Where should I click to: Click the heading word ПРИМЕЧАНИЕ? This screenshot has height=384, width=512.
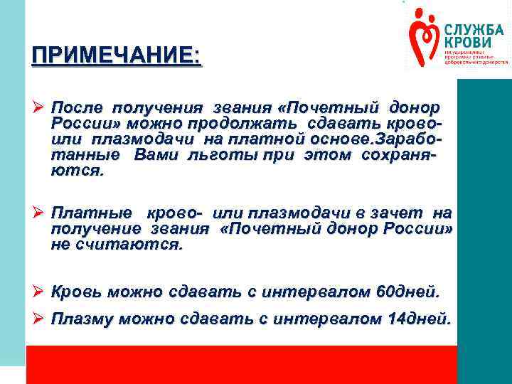click(x=115, y=55)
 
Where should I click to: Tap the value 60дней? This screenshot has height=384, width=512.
click(x=412, y=292)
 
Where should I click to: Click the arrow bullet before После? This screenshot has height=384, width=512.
click(x=39, y=108)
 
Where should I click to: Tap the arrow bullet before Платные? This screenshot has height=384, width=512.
click(x=39, y=213)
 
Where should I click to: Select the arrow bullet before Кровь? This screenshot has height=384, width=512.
click(x=39, y=292)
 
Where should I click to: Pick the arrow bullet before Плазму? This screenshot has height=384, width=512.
click(x=39, y=319)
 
